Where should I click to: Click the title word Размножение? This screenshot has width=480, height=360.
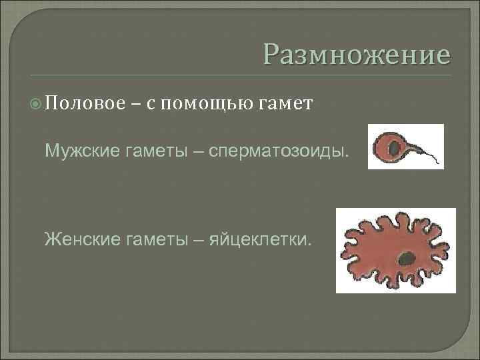click(356, 54)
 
